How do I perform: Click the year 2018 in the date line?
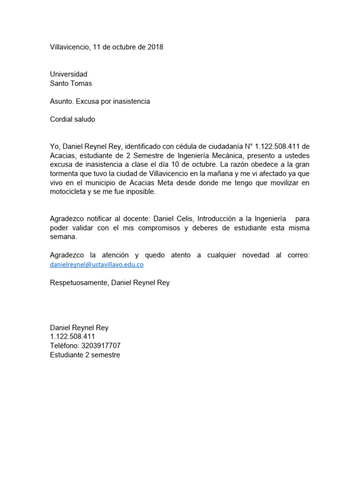coord(155,47)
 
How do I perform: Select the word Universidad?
coord(68,74)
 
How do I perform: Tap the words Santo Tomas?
coord(71,83)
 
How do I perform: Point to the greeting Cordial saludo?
coord(72,119)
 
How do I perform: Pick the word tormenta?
coord(65,173)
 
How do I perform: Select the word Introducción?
coord(219,219)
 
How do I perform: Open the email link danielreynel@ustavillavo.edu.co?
coord(97,264)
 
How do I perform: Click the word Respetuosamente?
coord(78,283)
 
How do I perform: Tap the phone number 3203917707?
coord(101,345)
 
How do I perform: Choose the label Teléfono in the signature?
coord(64,345)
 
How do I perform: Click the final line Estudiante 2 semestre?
coord(85,355)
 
